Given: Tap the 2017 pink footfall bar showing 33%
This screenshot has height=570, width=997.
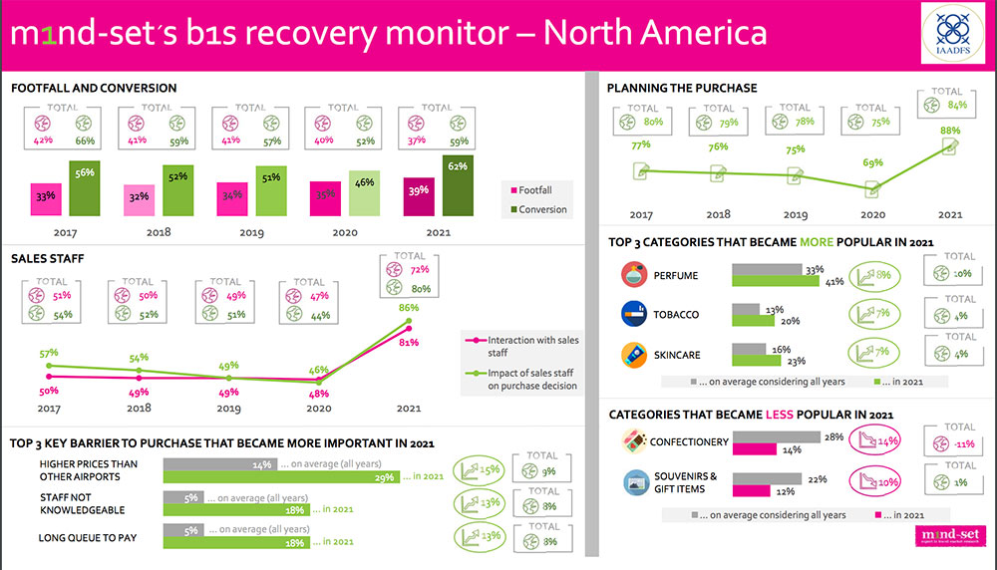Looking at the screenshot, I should (x=46, y=198).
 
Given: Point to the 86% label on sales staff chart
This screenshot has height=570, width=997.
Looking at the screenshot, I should (x=409, y=309).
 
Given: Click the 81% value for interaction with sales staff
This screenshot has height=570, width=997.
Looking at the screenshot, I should (x=409, y=343).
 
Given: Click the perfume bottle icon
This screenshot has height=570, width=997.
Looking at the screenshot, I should (x=633, y=275).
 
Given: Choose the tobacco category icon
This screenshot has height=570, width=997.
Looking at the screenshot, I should (x=633, y=315).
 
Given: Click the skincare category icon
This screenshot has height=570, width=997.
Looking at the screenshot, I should (x=633, y=354).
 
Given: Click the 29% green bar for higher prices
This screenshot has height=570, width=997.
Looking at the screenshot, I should (x=281, y=476).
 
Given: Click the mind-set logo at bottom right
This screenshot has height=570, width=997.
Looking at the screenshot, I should (x=947, y=539).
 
